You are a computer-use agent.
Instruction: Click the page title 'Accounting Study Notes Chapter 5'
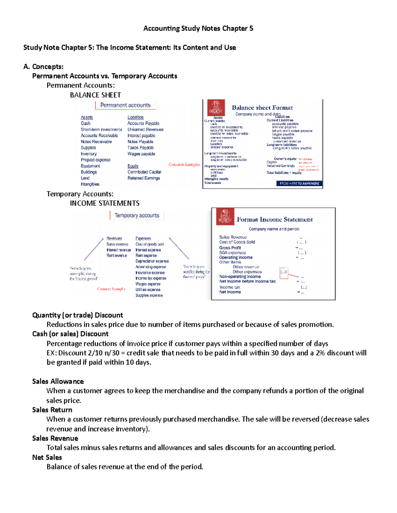(198, 28)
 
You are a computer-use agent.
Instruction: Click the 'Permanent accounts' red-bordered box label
(125, 105)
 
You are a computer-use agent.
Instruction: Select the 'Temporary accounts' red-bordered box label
(137, 215)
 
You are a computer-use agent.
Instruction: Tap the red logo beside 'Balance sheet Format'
(216, 108)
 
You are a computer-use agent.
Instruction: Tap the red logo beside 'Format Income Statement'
(225, 217)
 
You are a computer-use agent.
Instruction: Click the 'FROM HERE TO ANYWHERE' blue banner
(299, 183)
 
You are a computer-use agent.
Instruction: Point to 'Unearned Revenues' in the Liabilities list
(145, 129)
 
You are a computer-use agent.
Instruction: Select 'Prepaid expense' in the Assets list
(95, 160)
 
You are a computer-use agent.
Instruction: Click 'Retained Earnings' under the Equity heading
(144, 178)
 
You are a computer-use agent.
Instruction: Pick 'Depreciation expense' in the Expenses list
(152, 261)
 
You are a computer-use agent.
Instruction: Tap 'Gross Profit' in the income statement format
(230, 248)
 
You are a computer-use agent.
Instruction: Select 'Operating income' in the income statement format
(236, 257)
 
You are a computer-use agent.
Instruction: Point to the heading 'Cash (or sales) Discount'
(70, 334)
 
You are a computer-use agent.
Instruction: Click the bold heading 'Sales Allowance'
(58, 382)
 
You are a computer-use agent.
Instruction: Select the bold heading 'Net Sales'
(47, 458)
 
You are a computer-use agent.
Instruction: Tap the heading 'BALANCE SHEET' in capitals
(95, 95)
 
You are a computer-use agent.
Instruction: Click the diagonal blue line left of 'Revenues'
(94, 249)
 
